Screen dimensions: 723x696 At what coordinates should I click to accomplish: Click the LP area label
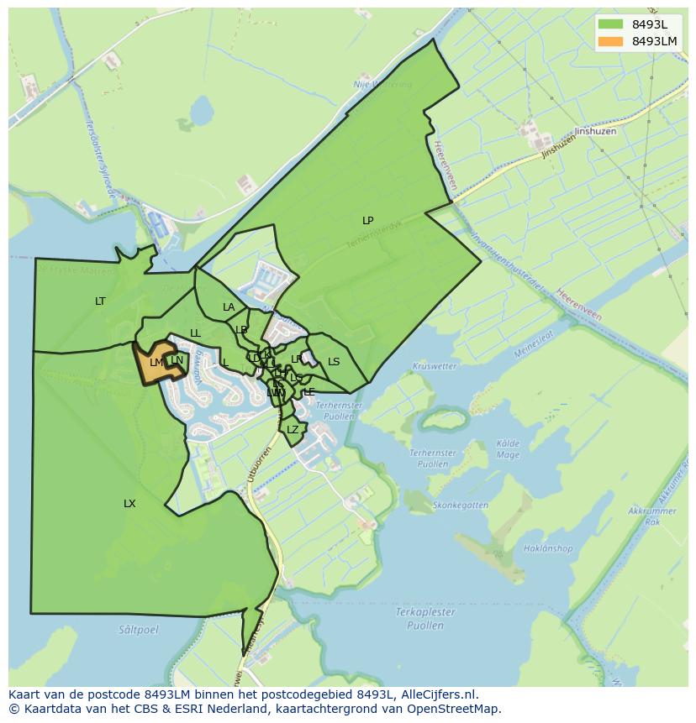[367, 221]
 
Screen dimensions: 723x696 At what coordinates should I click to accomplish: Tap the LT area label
[100, 301]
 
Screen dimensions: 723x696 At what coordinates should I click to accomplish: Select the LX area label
[129, 504]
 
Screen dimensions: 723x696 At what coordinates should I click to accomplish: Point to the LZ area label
[293, 430]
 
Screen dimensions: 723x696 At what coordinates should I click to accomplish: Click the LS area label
[334, 362]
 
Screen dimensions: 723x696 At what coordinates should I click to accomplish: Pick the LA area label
[229, 307]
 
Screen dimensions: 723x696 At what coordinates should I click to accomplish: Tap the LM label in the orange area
[156, 363]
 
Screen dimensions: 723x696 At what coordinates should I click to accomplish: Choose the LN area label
[177, 361]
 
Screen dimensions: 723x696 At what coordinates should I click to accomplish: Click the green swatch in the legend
[611, 24]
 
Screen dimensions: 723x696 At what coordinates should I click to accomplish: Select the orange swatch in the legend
[611, 41]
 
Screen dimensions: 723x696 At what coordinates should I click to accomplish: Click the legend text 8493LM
[655, 41]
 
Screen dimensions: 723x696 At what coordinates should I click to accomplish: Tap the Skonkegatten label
[460, 506]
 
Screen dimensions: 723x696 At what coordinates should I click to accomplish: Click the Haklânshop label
[547, 549]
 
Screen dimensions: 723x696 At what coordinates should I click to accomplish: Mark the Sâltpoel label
[138, 628]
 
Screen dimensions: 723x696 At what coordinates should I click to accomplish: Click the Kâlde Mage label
[508, 449]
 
